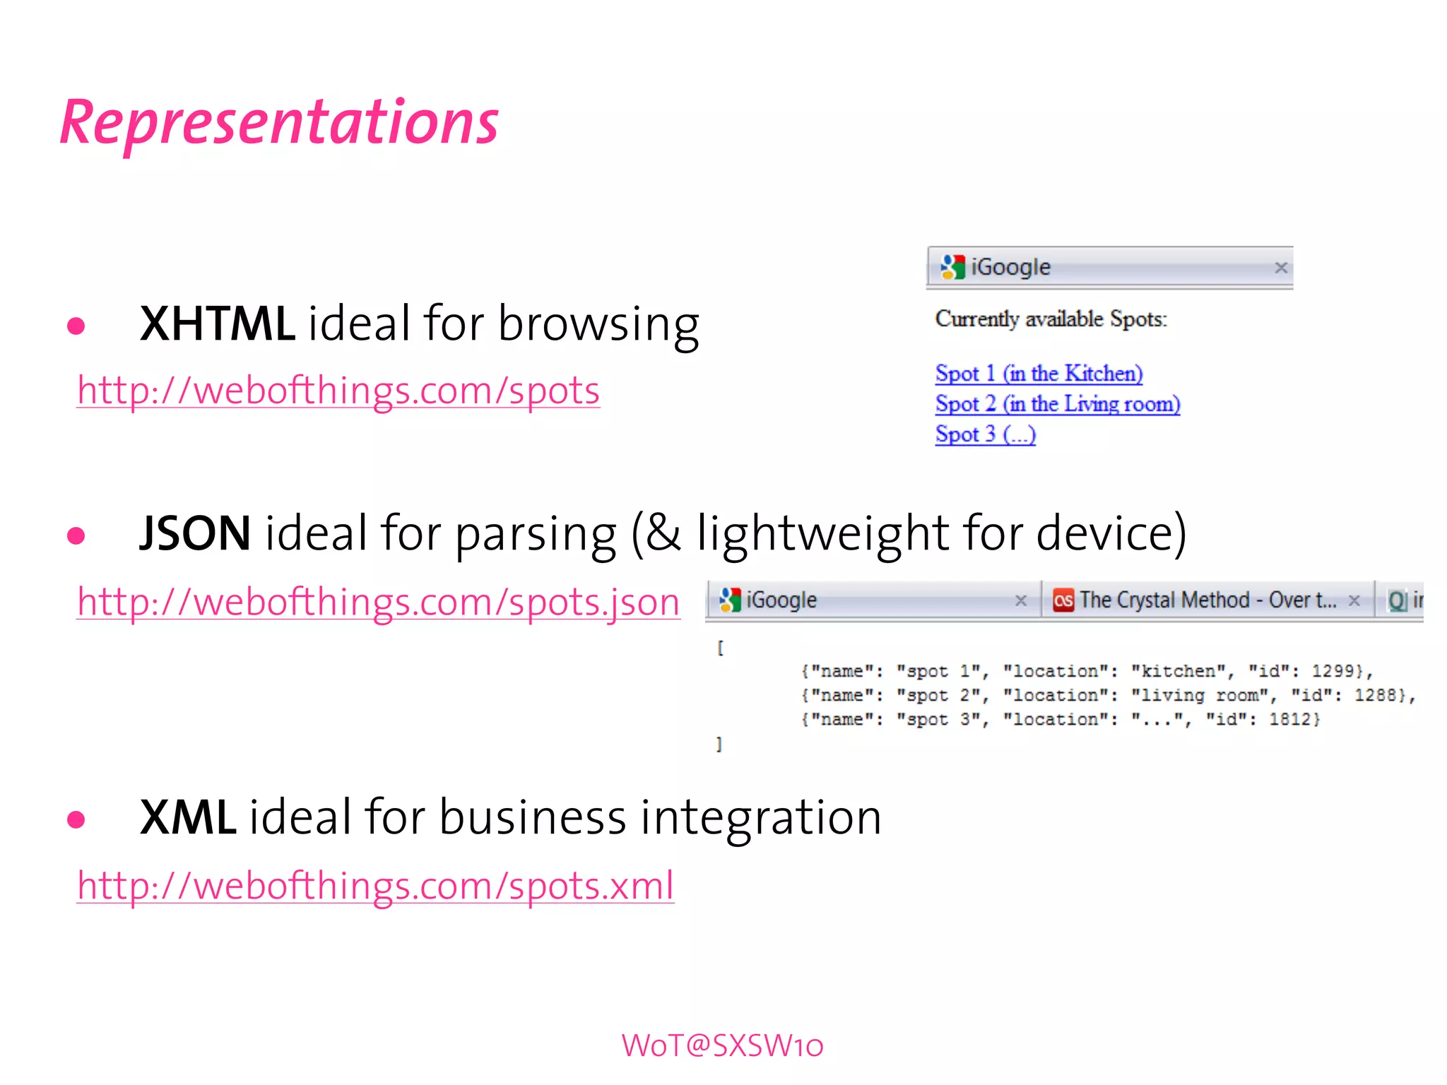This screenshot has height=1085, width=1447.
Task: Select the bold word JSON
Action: tap(195, 533)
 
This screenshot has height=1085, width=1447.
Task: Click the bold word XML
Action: tap(188, 817)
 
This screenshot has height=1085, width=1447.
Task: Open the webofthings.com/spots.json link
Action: tap(378, 603)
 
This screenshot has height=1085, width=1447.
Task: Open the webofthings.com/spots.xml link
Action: tap(375, 886)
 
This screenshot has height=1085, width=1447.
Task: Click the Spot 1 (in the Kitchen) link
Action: tap(1039, 373)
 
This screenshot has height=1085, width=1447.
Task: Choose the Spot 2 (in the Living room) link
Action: tap(1058, 403)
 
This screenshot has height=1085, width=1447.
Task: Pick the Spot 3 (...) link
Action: tap(986, 434)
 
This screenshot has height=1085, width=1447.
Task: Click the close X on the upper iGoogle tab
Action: tap(1281, 268)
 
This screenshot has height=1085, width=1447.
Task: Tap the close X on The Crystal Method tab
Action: tap(1354, 600)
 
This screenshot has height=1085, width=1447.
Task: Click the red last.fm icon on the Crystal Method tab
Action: tap(1063, 600)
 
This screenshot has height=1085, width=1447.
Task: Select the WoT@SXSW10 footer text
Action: tap(723, 1045)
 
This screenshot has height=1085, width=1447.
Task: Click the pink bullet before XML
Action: tap(76, 819)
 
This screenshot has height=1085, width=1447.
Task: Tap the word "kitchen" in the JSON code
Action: tap(1178, 671)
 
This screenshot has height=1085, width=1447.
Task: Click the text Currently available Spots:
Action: tap(1051, 319)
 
